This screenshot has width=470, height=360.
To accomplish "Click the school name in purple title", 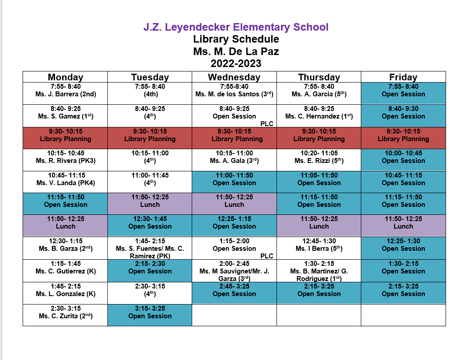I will [236, 27].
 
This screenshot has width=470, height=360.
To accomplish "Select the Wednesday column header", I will [234, 77].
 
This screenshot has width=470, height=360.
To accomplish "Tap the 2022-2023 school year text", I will [236, 63].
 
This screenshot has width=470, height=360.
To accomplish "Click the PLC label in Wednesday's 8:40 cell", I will [267, 124].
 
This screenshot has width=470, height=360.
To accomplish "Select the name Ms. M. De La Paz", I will [236, 51].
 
